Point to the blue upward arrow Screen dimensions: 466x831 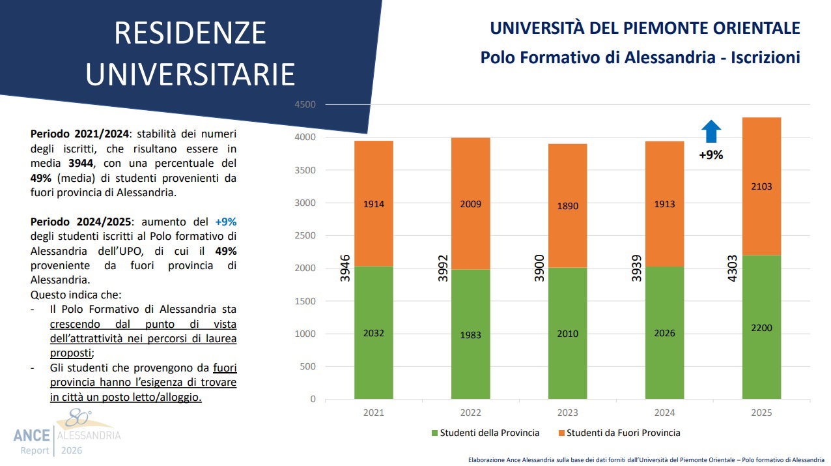[x=711, y=131]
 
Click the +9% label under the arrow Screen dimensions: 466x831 [x=711, y=155]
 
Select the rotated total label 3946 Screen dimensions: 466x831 [x=345, y=268]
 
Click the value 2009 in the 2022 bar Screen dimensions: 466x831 [x=471, y=204]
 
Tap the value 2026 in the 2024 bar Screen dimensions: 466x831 [x=664, y=333]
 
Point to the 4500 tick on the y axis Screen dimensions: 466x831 [x=305, y=105]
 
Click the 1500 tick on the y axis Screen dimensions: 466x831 [x=305, y=301]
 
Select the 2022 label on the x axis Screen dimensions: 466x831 [x=471, y=413]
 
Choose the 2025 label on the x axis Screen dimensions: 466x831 [x=761, y=413]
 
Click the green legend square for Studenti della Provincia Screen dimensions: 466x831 [x=434, y=433]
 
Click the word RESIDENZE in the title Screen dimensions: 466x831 [x=190, y=33]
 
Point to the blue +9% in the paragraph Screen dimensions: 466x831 [x=225, y=221]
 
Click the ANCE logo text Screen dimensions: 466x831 [x=31, y=435]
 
